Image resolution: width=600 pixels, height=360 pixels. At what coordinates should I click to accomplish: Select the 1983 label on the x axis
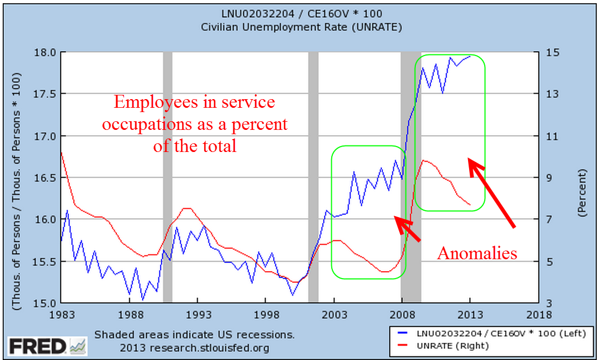60,314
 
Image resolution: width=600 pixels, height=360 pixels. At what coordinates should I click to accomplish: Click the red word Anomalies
477,253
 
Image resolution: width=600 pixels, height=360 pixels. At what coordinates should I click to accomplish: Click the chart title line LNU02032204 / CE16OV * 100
302,13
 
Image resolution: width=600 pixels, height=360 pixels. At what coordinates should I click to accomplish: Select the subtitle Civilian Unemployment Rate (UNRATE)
302,26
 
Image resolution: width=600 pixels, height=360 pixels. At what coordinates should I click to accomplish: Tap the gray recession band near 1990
168,178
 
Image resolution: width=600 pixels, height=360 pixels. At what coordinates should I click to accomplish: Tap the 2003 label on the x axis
334,314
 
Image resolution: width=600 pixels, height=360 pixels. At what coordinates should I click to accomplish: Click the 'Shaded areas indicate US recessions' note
194,335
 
